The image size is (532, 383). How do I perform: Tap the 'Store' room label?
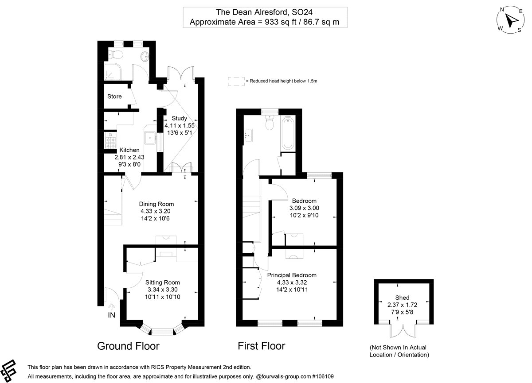coord(114,97)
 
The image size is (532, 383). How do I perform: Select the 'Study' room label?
coord(180,118)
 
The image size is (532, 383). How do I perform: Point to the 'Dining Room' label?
coord(156,204)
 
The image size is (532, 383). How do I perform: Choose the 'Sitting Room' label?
coord(163,282)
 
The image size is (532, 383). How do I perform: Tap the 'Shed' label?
coord(402,298)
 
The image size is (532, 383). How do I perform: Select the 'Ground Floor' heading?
coord(128,346)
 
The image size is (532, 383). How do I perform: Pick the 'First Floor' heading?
coord(261,346)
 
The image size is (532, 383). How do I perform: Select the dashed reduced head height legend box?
coord(236,81)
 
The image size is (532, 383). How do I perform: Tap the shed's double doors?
coord(403,337)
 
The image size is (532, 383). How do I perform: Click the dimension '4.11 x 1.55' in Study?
coord(180,126)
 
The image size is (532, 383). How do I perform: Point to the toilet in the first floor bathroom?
coord(269,124)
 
